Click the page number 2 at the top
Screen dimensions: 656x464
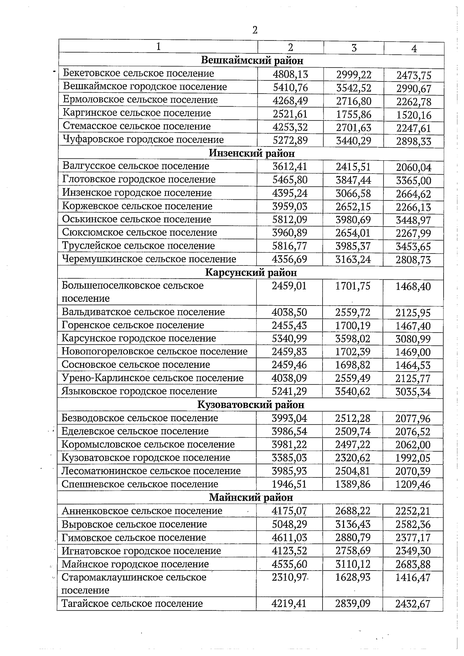pos(254,30)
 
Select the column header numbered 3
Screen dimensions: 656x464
pos(353,48)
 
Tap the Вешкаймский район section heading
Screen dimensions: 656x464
pos(252,61)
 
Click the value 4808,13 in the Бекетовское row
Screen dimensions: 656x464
pos(290,74)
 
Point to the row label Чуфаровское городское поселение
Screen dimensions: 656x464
pos(143,140)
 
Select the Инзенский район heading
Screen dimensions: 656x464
pos(252,153)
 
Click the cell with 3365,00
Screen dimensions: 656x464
pos(413,181)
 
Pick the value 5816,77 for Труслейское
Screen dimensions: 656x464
pos(290,246)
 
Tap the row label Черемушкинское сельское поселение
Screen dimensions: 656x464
pos(149,259)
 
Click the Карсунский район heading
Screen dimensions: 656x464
pos(251,273)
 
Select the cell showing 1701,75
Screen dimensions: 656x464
pos(353,286)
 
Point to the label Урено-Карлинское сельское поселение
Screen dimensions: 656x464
pos(152,378)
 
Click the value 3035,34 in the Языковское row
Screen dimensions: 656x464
pos(413,392)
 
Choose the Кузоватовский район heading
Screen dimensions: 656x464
pos(251,405)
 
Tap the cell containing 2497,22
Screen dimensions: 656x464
pos(353,445)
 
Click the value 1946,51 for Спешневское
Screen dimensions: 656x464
pos(289,484)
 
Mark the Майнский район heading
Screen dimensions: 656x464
pos(251,498)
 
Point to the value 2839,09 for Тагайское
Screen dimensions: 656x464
pos(353,604)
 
